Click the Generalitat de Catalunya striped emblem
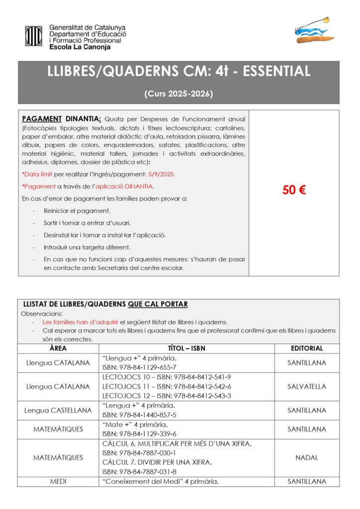(34, 35)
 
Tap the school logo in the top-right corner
(313, 31)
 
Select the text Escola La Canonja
(80, 47)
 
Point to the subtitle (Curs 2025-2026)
(179, 93)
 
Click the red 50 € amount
(294, 190)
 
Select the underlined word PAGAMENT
(42, 119)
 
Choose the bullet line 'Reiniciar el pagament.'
(77, 211)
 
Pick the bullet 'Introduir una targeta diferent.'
(87, 247)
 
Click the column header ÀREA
(59, 348)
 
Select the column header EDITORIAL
(307, 348)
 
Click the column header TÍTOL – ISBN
(187, 348)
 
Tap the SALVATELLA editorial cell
(307, 386)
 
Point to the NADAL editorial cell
(307, 457)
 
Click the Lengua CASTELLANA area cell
(59, 410)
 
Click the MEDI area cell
(59, 481)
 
